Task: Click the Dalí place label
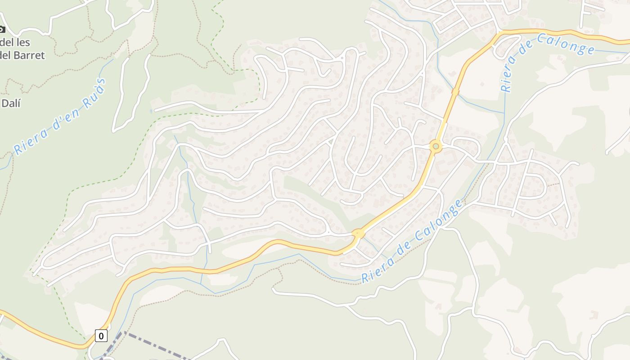click(11, 103)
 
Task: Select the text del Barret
click(22, 55)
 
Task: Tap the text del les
click(15, 43)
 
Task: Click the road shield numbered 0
click(101, 336)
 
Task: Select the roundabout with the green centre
click(435, 146)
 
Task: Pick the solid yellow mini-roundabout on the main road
click(358, 234)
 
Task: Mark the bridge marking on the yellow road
click(455, 92)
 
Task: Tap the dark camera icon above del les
click(1, 29)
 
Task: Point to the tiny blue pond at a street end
click(151, 111)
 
